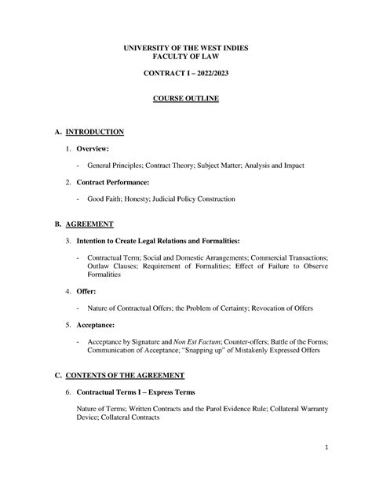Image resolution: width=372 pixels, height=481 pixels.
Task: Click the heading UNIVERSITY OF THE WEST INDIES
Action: coord(186,49)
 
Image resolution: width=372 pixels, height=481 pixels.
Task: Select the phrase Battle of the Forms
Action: coord(301,343)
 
